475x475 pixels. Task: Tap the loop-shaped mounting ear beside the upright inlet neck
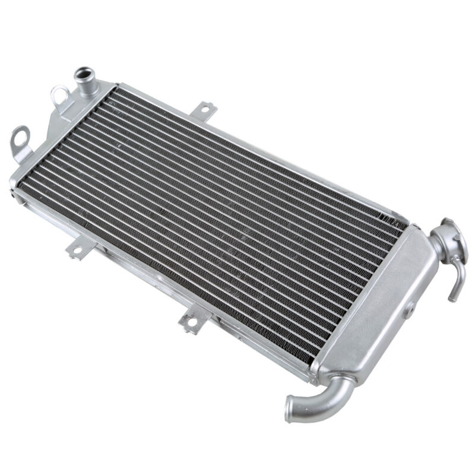pos(59,94)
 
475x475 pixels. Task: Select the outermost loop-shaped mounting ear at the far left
pos(20,137)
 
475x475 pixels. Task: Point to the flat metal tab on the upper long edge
pos(205,110)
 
